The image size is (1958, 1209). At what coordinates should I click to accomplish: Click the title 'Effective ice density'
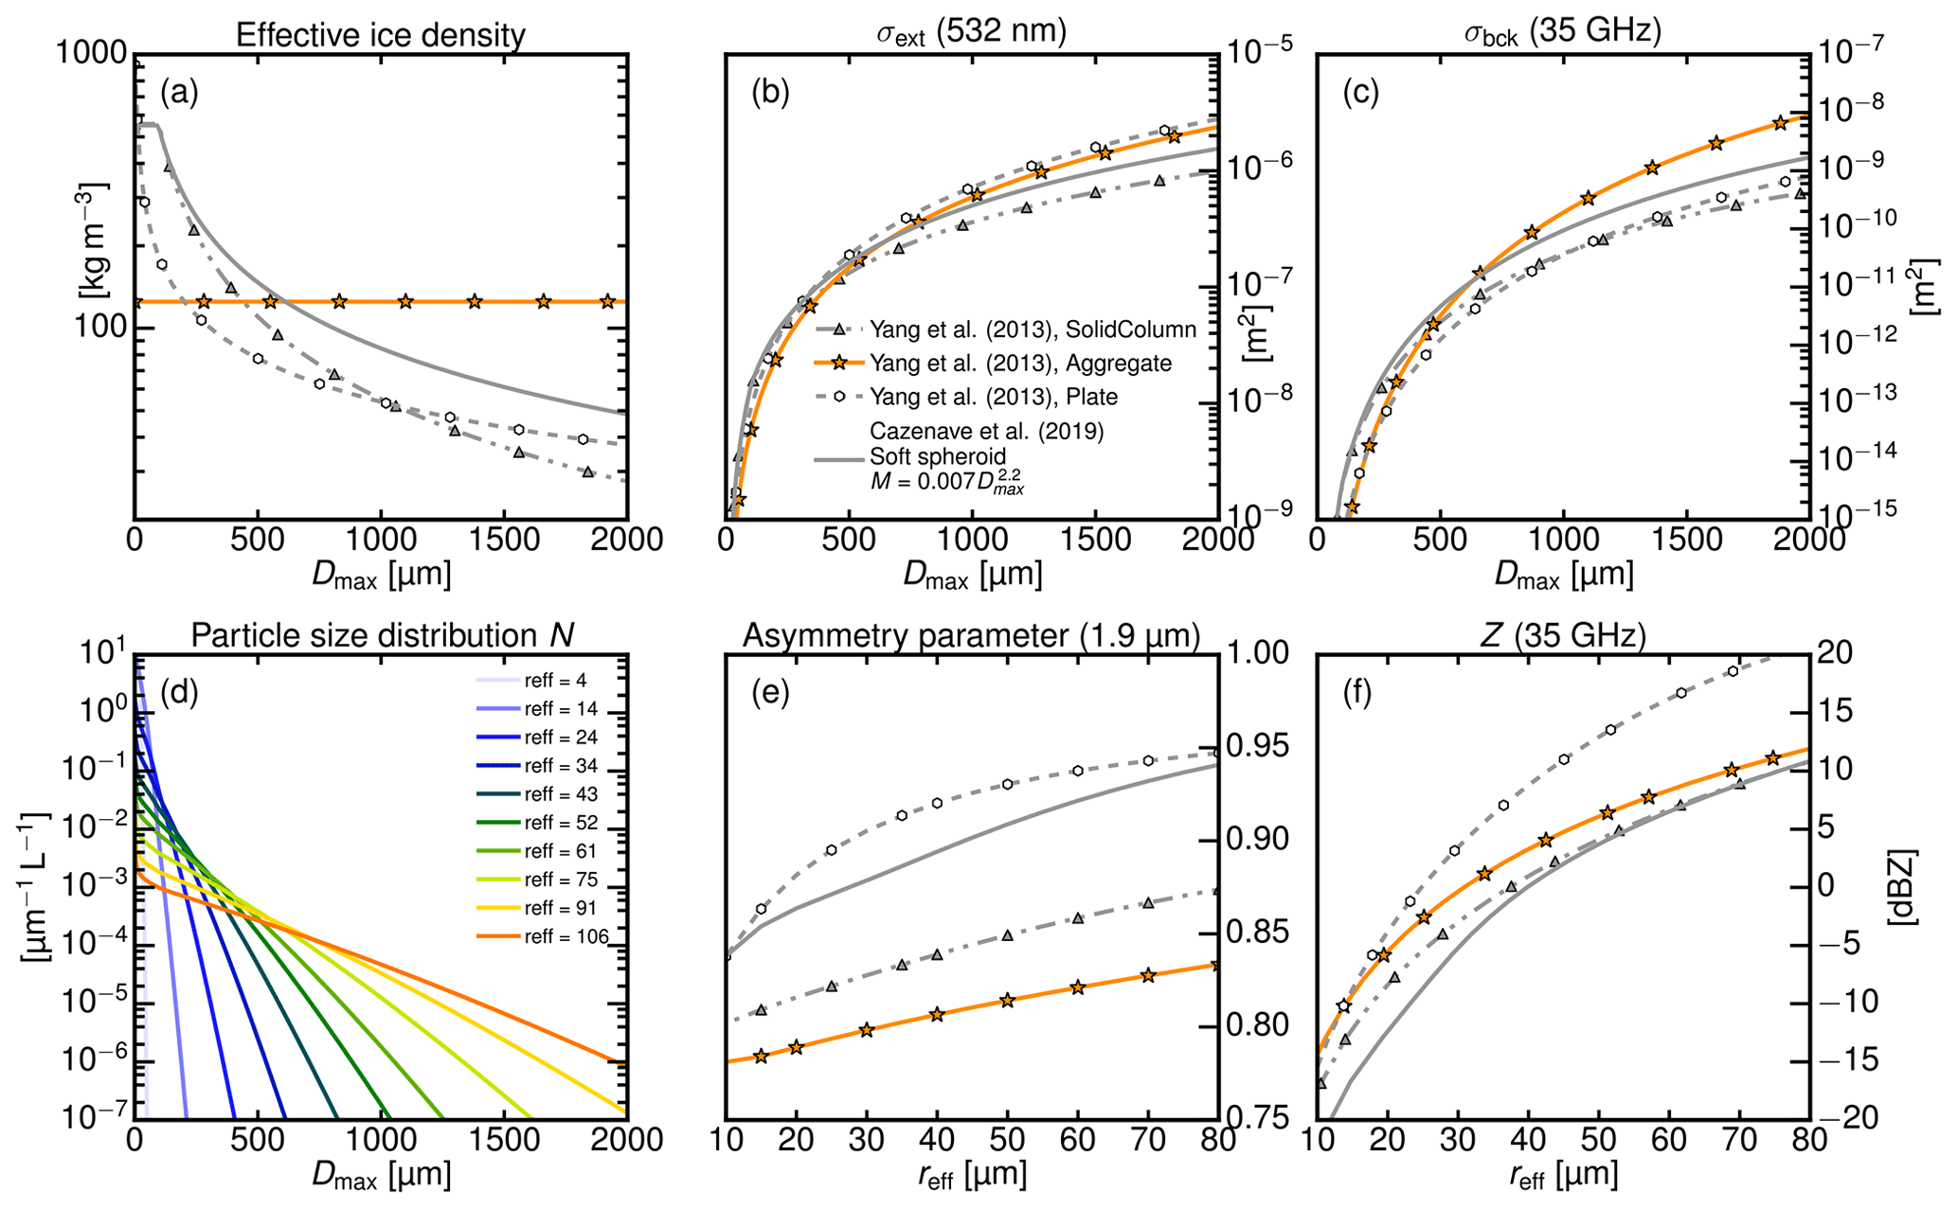tap(380, 35)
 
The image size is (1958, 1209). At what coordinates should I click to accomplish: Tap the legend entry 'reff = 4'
tap(560, 681)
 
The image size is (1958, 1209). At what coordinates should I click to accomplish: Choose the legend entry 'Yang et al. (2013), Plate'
tap(994, 396)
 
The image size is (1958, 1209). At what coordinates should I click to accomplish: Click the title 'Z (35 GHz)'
tap(1561, 637)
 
